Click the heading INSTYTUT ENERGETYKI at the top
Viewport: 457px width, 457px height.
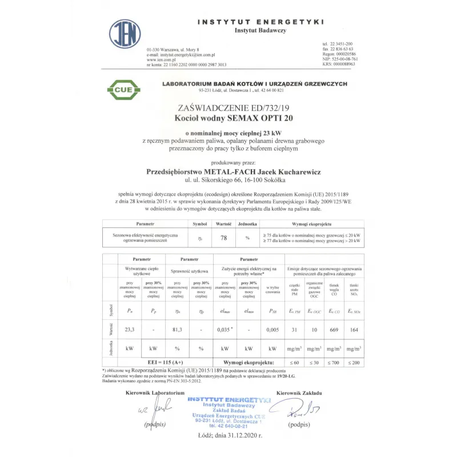(260, 22)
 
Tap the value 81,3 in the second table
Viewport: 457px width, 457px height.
(177, 329)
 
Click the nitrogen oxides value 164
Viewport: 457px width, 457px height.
(354, 329)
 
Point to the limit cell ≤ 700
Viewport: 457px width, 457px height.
(335, 363)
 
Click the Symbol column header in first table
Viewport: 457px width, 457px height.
(199, 225)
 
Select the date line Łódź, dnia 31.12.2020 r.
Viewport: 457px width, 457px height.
(228, 435)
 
